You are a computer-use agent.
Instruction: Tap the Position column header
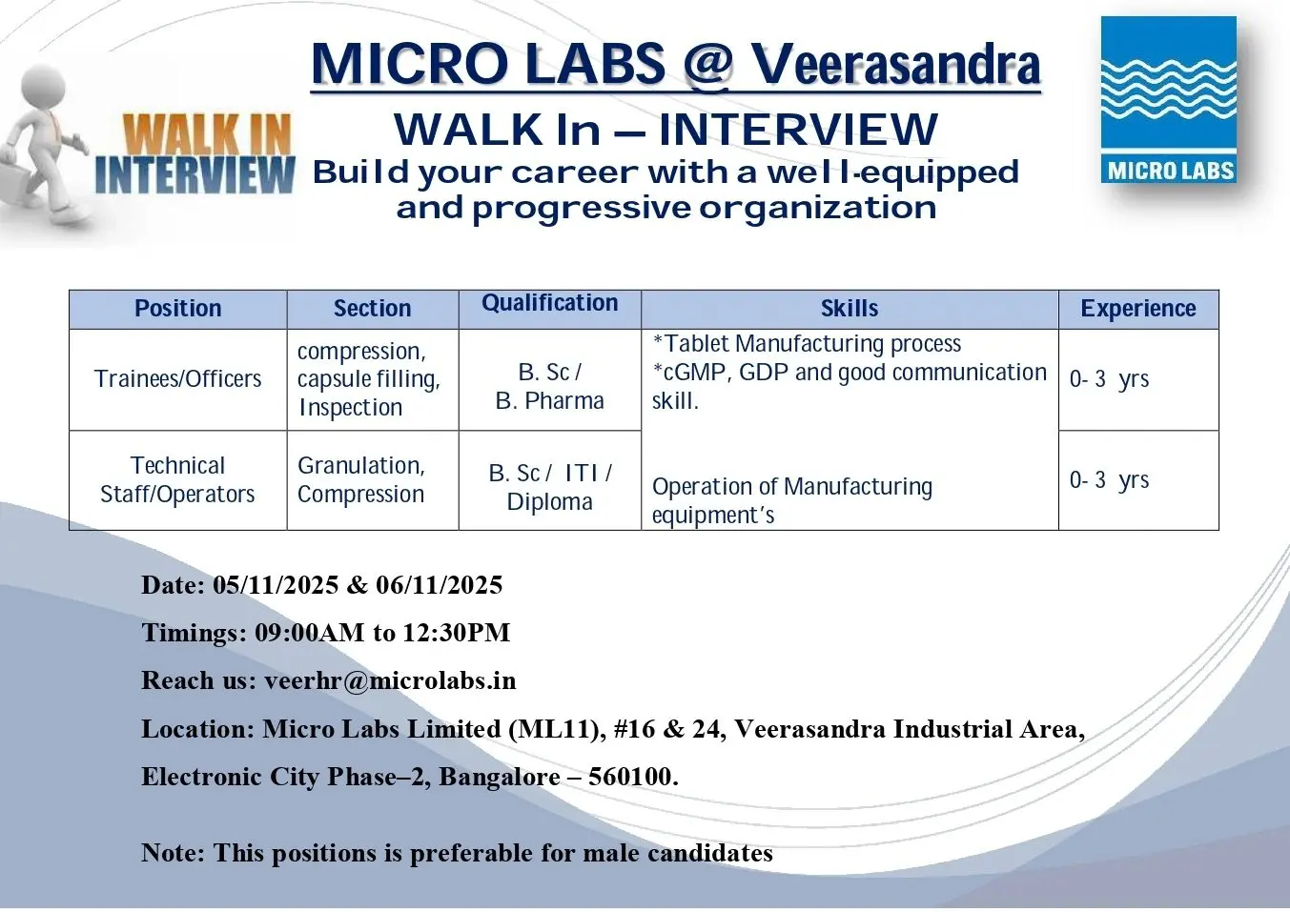[178, 309]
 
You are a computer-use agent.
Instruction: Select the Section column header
[372, 309]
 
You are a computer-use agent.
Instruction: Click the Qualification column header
[550, 303]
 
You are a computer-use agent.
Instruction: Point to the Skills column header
[850, 309]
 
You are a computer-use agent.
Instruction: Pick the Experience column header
[1138, 309]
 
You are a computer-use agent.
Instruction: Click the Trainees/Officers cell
[178, 379]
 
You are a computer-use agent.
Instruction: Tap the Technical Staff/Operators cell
[178, 479]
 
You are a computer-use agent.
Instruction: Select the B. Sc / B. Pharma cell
[550, 386]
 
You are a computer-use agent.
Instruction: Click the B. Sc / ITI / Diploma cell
[550, 487]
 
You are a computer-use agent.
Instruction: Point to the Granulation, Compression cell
[361, 479]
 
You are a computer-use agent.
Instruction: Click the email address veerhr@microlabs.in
[390, 680]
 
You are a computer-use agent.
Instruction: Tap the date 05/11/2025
[276, 585]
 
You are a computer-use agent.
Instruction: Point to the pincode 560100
[630, 777]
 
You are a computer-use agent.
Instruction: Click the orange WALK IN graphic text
[207, 134]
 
